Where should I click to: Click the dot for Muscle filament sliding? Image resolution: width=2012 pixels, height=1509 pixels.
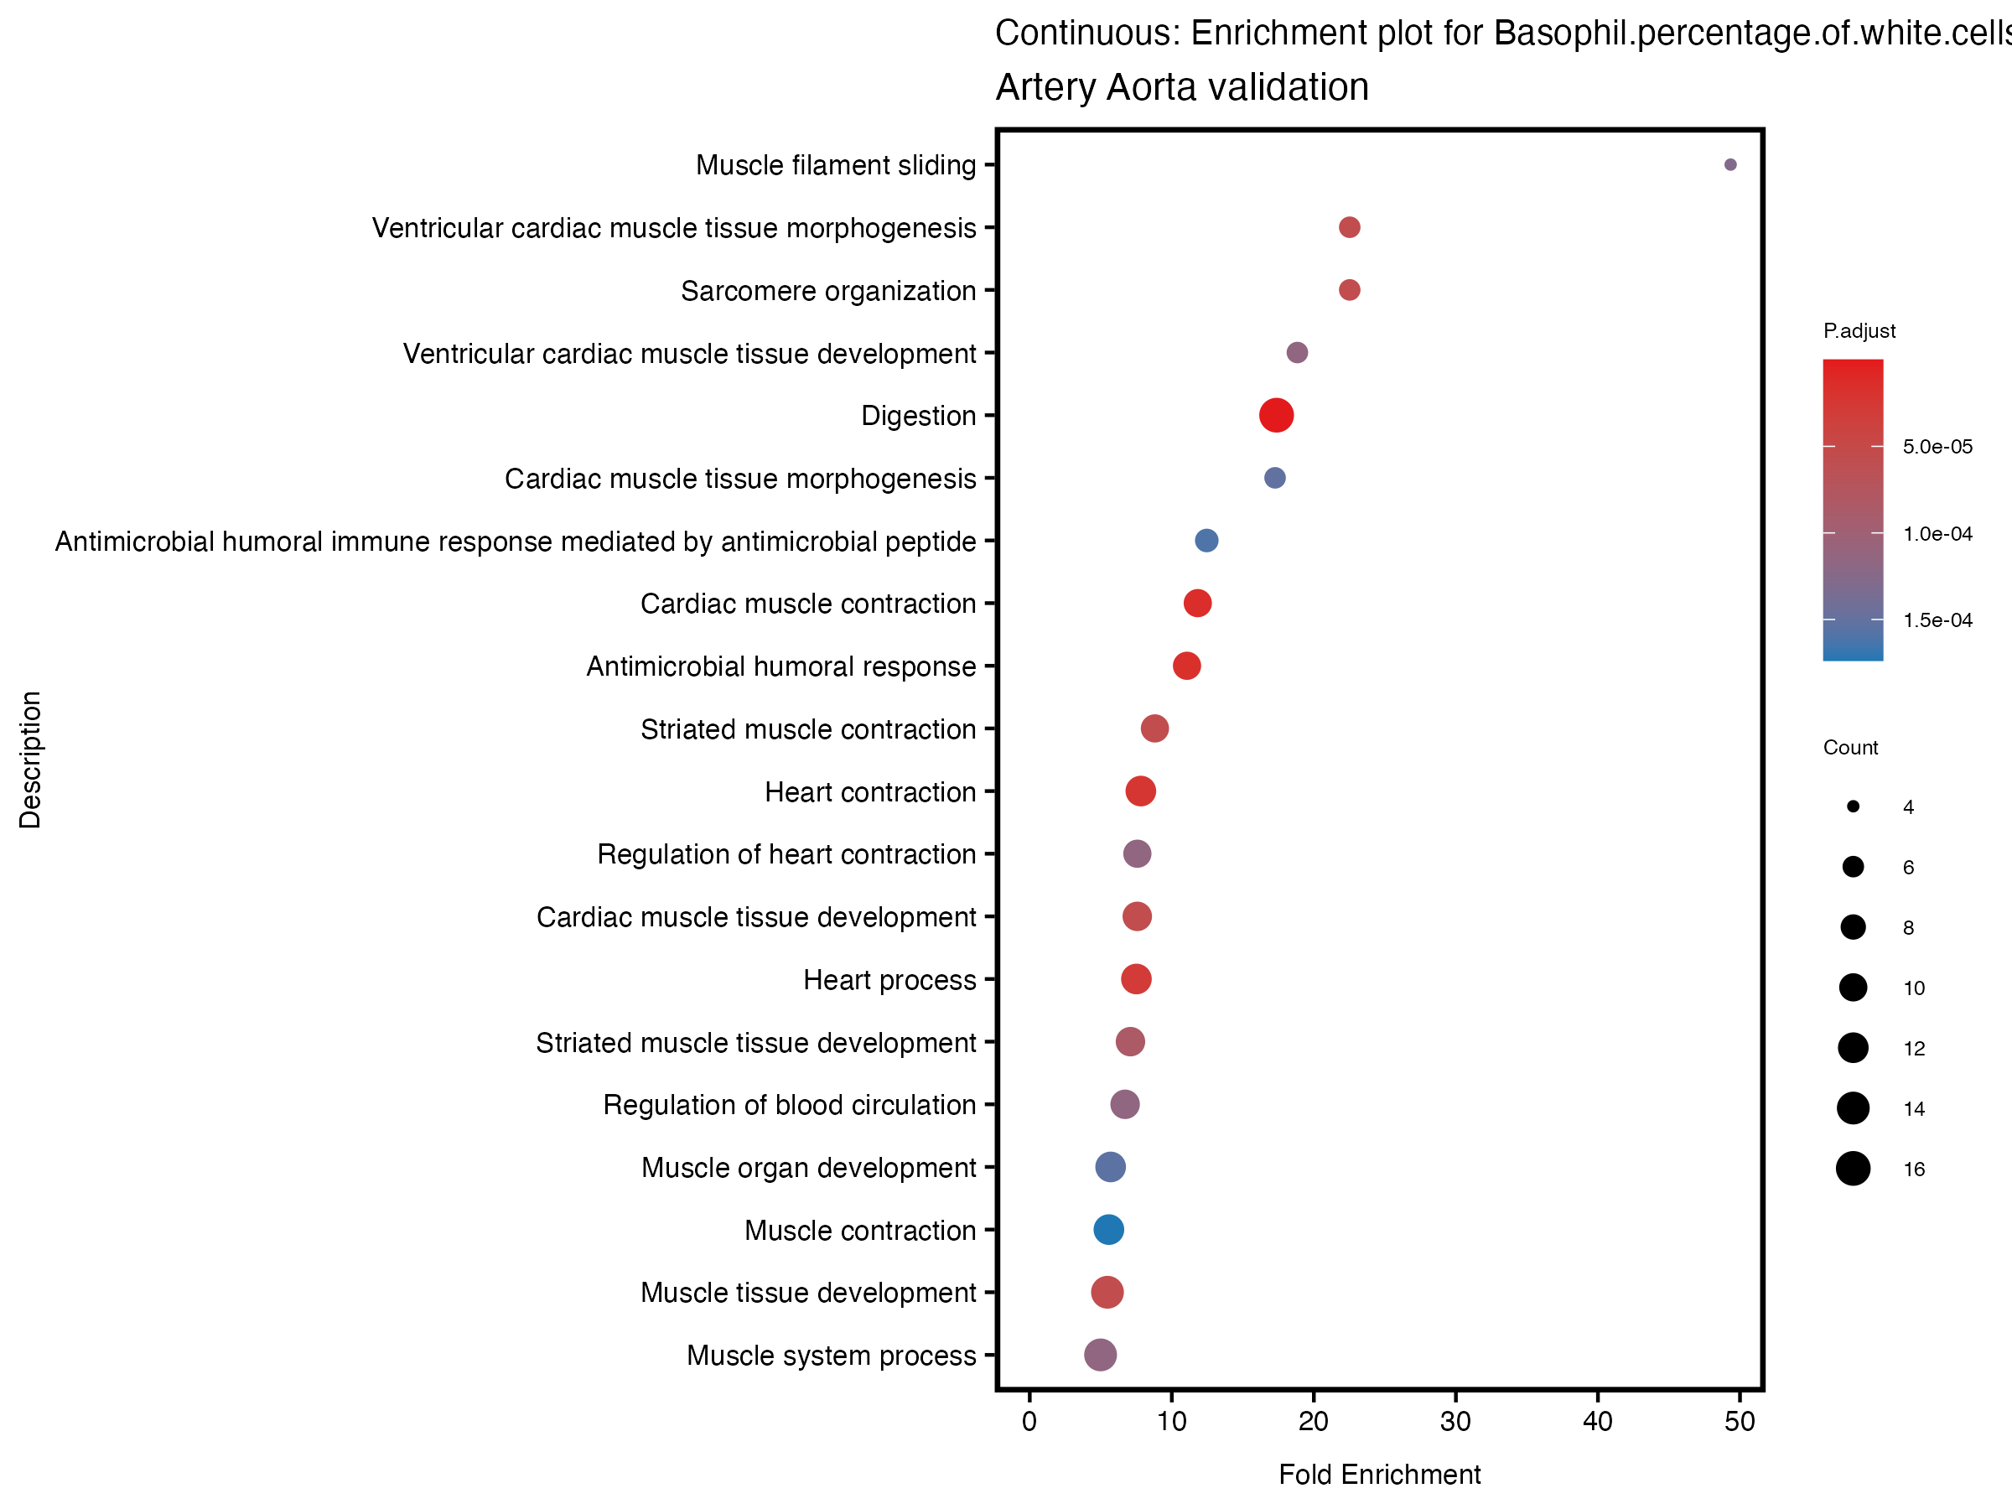click(1730, 164)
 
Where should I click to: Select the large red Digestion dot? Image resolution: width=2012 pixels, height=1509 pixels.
click(1276, 416)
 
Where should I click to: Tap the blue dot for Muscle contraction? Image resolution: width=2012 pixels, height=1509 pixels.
click(1108, 1230)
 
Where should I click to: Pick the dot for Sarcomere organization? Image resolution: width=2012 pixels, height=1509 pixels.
click(1349, 290)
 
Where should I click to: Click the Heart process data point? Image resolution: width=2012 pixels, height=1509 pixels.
click(1136, 980)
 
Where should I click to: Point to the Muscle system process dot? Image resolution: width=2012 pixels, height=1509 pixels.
click(1100, 1356)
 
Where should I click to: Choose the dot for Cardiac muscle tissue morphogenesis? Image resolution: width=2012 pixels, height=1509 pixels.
click(1274, 479)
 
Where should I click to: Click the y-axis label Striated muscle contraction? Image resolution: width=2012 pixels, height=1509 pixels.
click(807, 729)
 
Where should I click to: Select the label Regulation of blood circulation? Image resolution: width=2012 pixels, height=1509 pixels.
click(789, 1105)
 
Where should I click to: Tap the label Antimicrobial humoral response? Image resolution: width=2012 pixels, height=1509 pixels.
click(780, 666)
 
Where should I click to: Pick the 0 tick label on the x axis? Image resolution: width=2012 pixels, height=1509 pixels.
click(1029, 1422)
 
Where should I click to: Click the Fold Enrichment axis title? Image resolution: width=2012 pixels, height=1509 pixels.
click(1379, 1475)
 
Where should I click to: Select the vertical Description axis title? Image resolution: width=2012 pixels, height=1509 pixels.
click(30, 760)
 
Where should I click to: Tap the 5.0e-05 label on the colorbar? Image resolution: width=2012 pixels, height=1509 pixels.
click(1937, 447)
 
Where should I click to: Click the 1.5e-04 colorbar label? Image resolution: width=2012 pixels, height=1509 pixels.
click(1937, 620)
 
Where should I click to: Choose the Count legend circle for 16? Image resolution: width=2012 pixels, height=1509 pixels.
click(1853, 1169)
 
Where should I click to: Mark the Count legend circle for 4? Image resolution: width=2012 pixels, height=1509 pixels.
click(1853, 806)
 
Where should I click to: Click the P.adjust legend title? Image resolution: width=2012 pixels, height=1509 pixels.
click(1859, 331)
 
